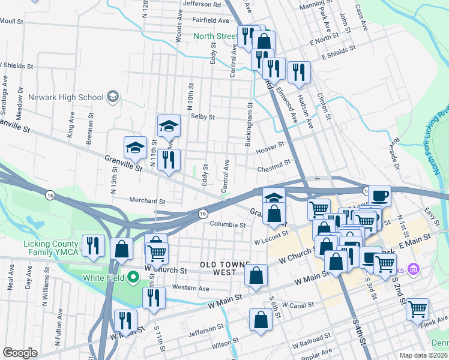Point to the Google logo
[x=20, y=353]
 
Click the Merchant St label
[x=146, y=200]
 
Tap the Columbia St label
[x=228, y=224]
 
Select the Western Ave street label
[x=190, y=289]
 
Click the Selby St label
[x=202, y=117]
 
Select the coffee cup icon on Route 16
[x=379, y=196]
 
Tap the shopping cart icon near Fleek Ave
[x=417, y=309]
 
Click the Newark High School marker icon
[x=112, y=97]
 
